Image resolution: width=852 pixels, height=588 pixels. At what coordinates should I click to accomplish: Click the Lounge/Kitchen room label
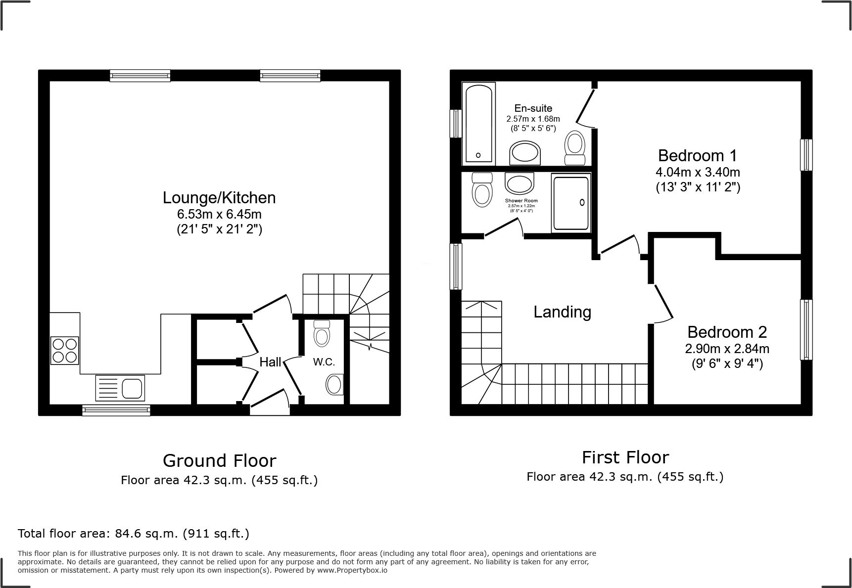pos(219,198)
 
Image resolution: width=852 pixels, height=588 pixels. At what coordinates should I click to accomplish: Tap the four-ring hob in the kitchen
pos(65,350)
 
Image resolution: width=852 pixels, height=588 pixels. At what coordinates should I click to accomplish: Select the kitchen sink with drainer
pos(121,388)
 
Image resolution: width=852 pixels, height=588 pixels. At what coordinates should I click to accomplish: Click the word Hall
pos(270,362)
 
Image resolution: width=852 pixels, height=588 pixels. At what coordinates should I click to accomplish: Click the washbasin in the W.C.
pos(335,385)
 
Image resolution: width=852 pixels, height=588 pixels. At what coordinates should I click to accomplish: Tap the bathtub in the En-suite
pos(478,124)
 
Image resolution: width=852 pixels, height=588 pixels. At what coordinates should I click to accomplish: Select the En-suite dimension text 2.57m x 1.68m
pos(533,119)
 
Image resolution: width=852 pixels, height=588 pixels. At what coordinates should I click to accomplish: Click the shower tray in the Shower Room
pos(571,202)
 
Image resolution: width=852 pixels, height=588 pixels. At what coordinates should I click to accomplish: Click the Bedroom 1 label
pos(697,156)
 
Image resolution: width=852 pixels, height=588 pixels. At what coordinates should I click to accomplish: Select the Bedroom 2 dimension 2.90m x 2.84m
pos(727,349)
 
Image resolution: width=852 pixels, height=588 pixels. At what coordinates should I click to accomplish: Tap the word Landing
pos(562,312)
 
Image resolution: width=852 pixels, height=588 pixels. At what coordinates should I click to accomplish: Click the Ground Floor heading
pos(219,461)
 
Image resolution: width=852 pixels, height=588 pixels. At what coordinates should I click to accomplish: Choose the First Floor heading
pos(625,457)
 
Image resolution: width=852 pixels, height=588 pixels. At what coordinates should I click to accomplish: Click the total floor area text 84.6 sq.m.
pos(134,534)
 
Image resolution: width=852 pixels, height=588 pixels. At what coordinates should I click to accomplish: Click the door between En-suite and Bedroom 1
pos(586,106)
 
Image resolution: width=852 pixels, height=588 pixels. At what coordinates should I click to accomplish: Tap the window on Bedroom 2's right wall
pos(806,330)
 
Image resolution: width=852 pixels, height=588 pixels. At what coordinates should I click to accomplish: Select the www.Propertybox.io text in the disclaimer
pos(352,570)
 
